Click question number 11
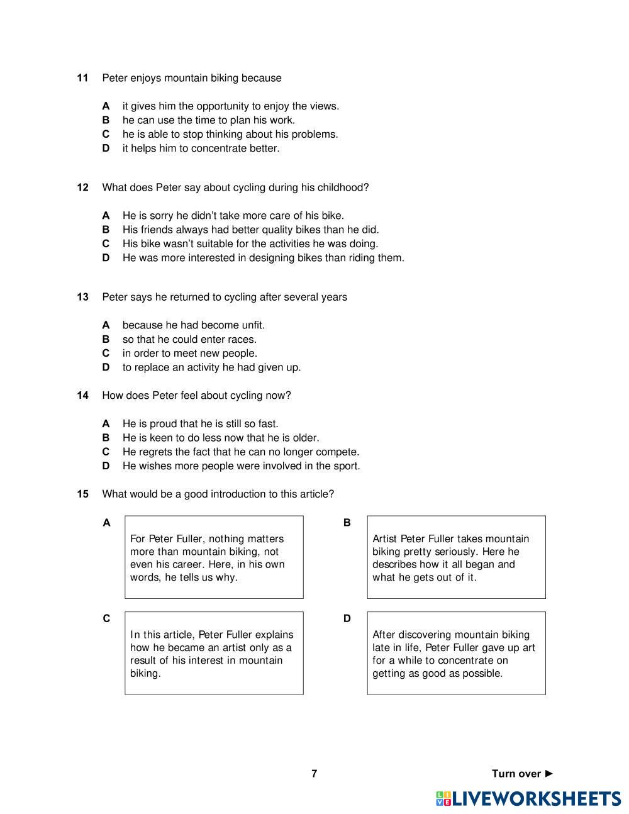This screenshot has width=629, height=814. click(82, 78)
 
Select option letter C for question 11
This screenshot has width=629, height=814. click(106, 134)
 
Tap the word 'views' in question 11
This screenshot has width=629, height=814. click(323, 106)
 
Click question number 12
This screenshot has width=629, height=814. click(82, 187)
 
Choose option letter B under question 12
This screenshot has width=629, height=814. click(106, 230)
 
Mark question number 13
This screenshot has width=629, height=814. click(82, 297)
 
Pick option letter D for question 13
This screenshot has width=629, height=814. click(106, 367)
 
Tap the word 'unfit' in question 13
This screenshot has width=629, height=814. click(252, 325)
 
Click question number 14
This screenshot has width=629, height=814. click(82, 396)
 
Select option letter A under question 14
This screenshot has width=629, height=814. click(106, 424)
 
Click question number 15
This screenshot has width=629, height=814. click(82, 494)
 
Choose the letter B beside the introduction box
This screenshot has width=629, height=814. click(347, 523)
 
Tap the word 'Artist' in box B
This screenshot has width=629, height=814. click(385, 539)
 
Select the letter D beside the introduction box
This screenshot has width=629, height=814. click(347, 619)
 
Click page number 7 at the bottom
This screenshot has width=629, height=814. click(314, 774)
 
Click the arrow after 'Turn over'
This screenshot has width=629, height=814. click(549, 774)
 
